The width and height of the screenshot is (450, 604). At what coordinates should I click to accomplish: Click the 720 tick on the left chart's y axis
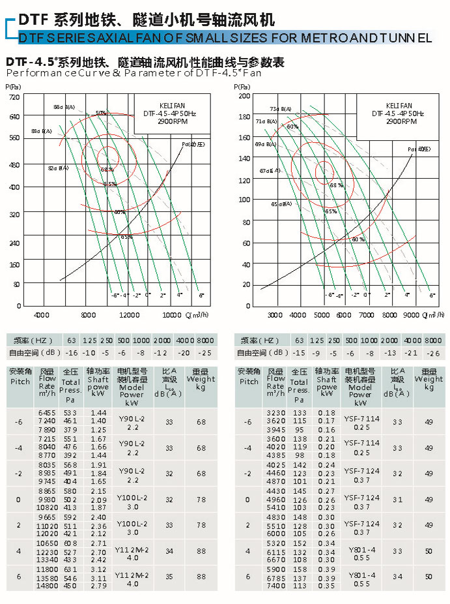tap(14, 97)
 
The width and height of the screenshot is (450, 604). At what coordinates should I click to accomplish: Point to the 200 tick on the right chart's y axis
tap(244, 96)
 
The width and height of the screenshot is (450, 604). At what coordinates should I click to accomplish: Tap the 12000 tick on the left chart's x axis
tap(130, 315)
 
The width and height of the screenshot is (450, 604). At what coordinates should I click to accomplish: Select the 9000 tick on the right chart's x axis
tap(411, 315)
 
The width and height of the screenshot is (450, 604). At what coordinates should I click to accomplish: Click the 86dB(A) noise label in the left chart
tap(64, 107)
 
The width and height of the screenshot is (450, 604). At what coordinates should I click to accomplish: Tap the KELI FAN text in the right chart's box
tap(398, 105)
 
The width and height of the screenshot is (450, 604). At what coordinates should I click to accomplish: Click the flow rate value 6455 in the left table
tap(48, 413)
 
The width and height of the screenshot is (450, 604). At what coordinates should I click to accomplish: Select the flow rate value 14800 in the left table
tap(48, 586)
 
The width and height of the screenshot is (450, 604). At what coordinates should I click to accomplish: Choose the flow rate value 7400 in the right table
tap(276, 586)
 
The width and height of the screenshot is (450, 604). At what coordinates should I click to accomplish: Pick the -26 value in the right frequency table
tap(433, 352)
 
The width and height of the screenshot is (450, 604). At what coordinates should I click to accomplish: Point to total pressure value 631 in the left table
tap(70, 569)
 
